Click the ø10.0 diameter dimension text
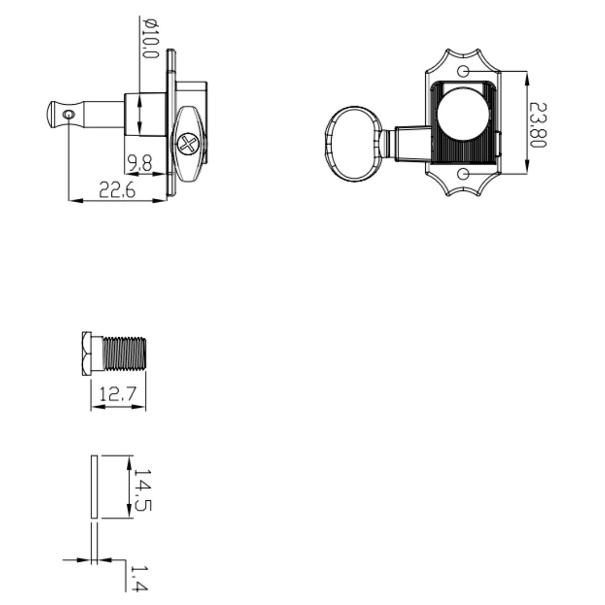click(151, 38)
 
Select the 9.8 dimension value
click(139, 163)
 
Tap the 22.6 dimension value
click(117, 190)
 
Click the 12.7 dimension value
click(118, 394)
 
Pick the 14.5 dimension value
click(143, 490)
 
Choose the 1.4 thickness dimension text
click(139, 578)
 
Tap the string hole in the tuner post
click(69, 115)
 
